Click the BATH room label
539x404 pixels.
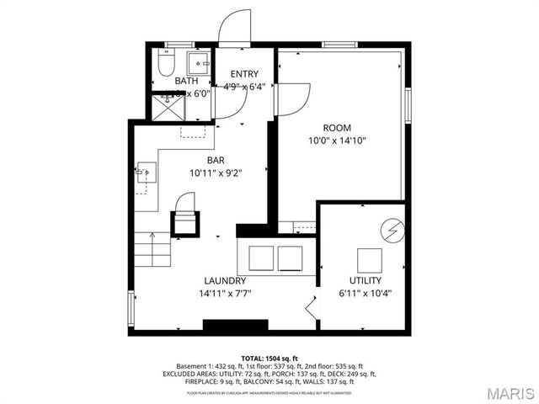coord(187,81)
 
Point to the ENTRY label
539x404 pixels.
coord(244,73)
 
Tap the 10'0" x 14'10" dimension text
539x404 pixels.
coord(337,141)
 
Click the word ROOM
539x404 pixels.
coord(337,127)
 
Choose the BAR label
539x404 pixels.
coord(216,159)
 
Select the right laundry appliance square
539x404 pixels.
coord(289,257)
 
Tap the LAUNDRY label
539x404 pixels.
coord(225,280)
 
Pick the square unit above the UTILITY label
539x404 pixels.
coord(368,258)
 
